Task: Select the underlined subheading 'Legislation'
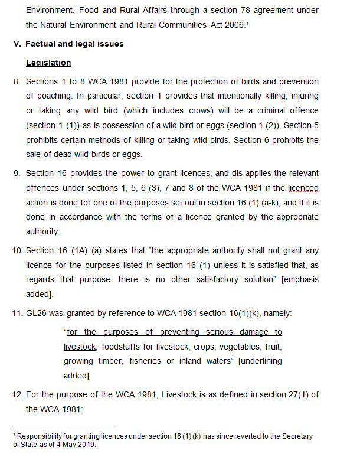(x=48, y=63)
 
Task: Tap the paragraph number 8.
(x=17, y=81)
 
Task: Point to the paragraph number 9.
(x=17, y=173)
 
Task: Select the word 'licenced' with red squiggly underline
(x=303, y=188)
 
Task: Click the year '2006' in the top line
(x=231, y=25)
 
